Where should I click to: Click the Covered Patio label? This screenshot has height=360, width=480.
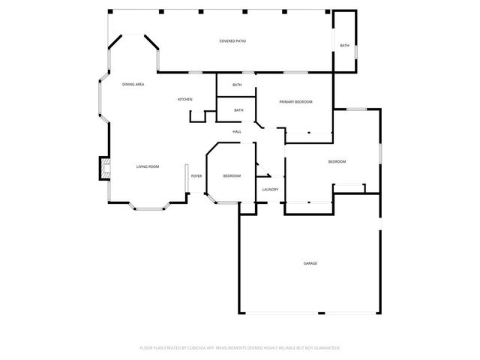[232, 40]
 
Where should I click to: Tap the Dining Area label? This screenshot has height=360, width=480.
[133, 84]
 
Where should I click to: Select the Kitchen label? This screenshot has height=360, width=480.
[184, 100]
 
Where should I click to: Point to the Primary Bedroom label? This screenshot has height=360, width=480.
[295, 101]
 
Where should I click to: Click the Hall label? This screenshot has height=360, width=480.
[237, 132]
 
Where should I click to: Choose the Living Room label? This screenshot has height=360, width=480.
[147, 166]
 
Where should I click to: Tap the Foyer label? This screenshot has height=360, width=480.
[196, 175]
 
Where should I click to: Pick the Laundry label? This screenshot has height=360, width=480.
[271, 189]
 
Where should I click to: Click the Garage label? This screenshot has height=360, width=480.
[310, 263]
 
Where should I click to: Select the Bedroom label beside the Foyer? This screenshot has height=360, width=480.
[232, 175]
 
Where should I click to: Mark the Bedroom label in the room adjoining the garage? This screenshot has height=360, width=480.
[337, 162]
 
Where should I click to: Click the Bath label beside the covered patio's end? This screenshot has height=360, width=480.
[344, 46]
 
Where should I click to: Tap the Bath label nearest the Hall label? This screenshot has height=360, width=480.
[238, 110]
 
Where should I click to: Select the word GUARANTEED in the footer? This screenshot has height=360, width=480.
[325, 348]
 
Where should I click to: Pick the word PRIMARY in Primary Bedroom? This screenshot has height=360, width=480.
[287, 101]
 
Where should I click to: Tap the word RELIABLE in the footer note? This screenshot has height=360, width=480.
[287, 348]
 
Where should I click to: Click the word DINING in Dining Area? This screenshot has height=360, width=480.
[128, 84]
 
